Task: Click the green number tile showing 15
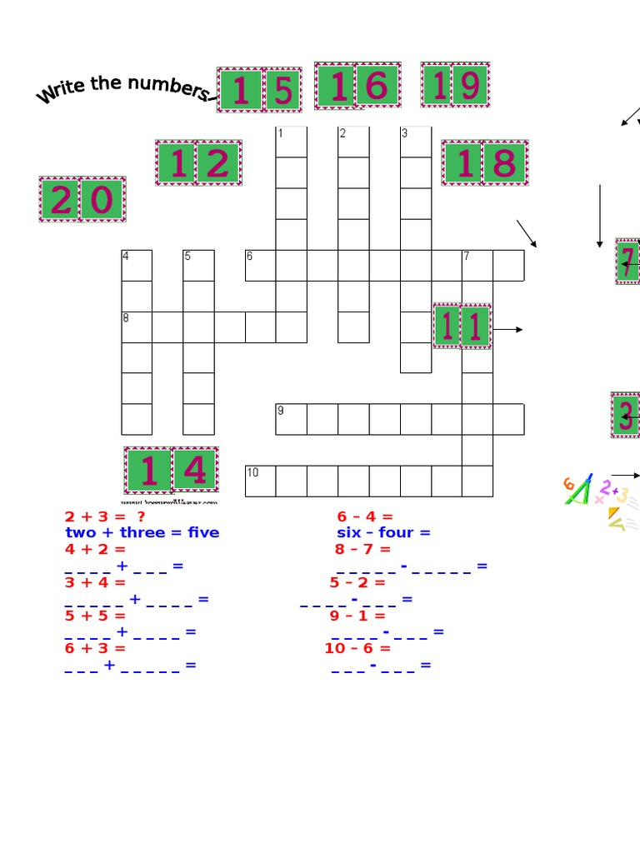click(260, 90)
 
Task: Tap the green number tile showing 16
click(357, 86)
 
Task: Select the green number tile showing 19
click(455, 85)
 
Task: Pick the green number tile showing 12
click(198, 162)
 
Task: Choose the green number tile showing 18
click(485, 162)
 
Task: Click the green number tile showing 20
click(82, 199)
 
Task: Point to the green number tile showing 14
click(172, 470)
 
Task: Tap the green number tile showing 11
click(462, 326)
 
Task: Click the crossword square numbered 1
click(291, 142)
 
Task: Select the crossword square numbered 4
click(137, 265)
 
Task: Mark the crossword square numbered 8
click(137, 327)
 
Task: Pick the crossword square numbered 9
click(291, 419)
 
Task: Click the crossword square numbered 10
click(260, 481)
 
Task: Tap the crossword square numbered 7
click(477, 265)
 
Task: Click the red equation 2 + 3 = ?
click(105, 516)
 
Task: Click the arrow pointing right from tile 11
click(507, 330)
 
